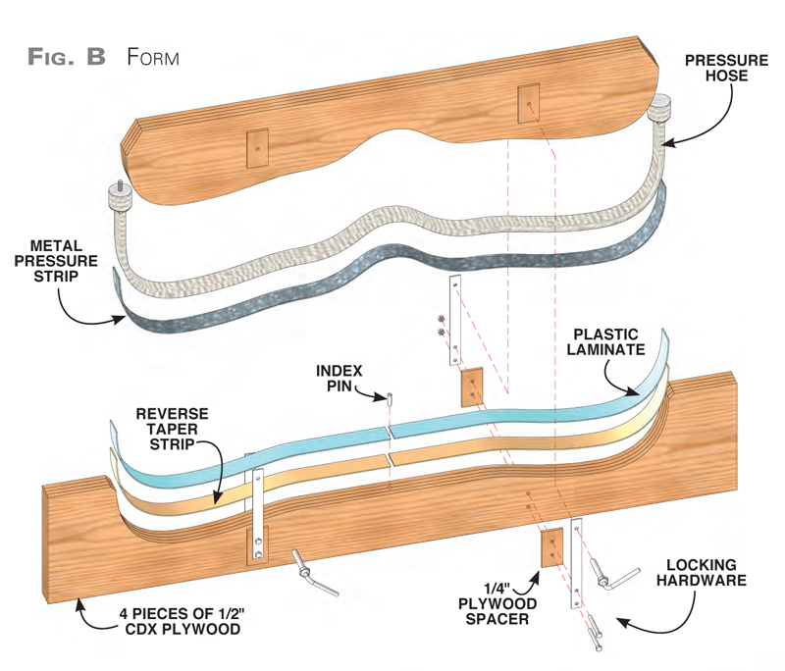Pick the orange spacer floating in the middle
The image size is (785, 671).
[474, 386]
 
